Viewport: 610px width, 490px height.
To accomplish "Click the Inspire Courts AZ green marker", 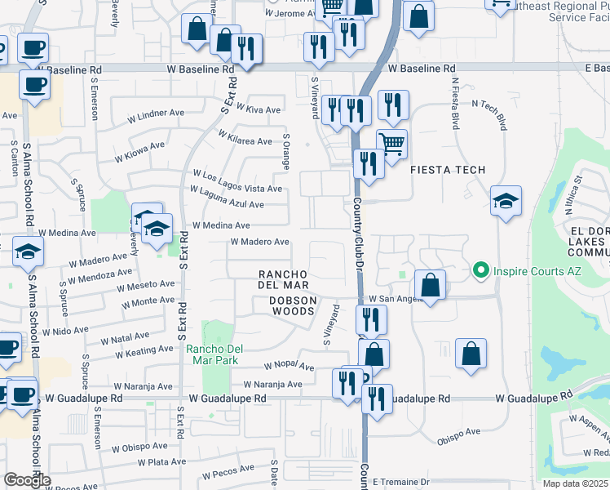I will point(480,269).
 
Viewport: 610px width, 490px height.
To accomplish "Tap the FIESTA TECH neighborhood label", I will point(447,170).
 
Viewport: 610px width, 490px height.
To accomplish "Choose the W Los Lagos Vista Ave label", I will point(236,180).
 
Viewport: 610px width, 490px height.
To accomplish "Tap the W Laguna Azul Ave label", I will point(227,197).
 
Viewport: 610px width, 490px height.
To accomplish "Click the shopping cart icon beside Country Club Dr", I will point(392,145).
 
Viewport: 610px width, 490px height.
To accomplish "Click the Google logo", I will point(27,480).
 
